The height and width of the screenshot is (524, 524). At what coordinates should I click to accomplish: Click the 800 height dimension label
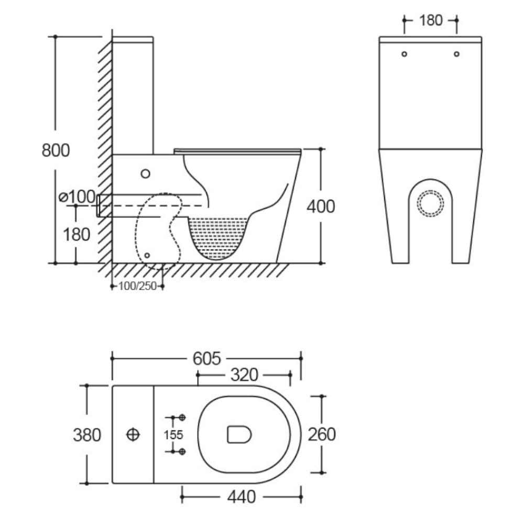[56, 150]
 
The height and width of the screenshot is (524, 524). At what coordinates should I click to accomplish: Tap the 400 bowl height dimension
[321, 206]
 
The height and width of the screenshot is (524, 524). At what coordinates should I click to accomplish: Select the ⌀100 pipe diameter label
[77, 196]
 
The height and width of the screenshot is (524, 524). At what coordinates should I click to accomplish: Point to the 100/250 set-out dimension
[138, 286]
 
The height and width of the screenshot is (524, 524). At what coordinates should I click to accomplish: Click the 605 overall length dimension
[207, 358]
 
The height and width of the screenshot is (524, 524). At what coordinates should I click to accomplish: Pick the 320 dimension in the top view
[244, 375]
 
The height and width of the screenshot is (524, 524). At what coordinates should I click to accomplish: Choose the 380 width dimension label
[87, 435]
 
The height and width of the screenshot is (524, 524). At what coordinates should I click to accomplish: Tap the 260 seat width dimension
[322, 434]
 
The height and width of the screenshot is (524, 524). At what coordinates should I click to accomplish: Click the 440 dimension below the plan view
[242, 497]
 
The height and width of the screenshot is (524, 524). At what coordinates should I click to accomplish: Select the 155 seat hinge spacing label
[173, 435]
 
